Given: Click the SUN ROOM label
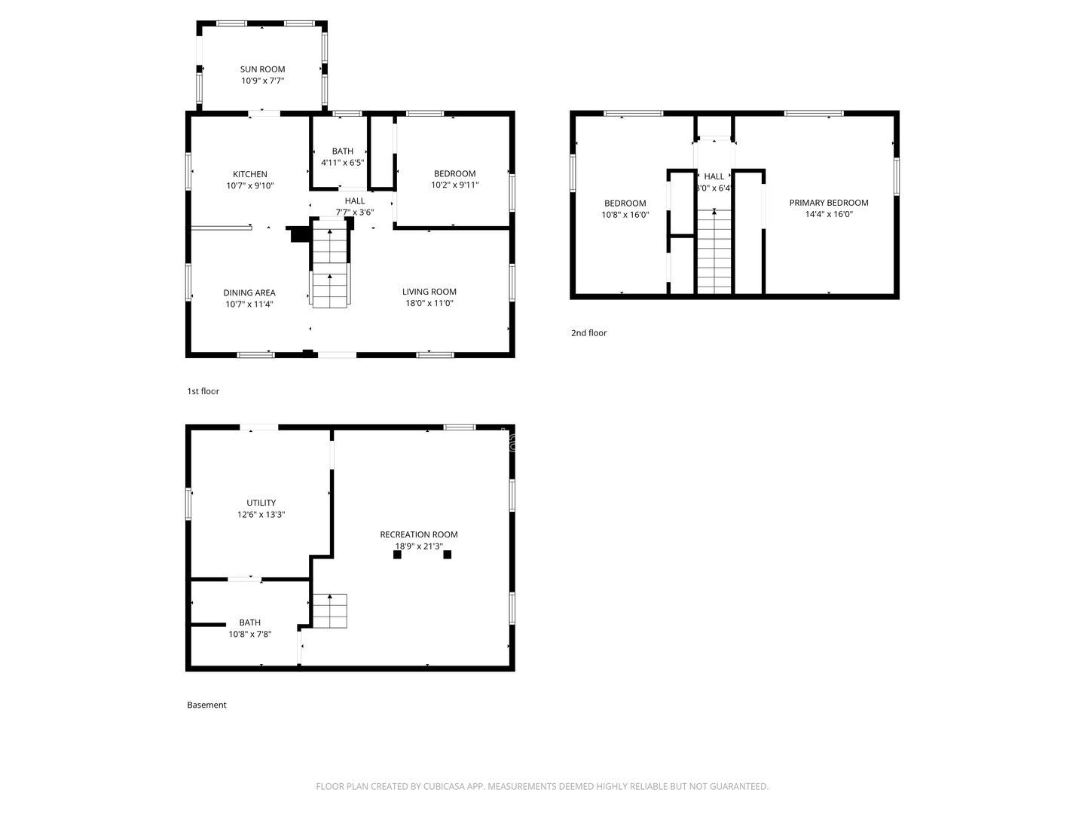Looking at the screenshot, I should (262, 69).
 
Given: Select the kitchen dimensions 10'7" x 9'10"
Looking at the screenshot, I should (249, 185).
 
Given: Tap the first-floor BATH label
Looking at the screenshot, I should (342, 151).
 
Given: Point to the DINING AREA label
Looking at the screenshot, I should (249, 293).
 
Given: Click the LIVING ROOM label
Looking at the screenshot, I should (429, 292).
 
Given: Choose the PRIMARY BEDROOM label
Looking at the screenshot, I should (828, 203).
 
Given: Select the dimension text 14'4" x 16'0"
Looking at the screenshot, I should (828, 214).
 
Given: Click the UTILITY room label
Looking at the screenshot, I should (261, 503).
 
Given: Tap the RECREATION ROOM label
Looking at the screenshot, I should (418, 534).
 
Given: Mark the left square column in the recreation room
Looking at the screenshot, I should (397, 555).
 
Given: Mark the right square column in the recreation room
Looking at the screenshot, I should (447, 555).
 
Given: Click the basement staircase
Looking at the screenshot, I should (330, 611).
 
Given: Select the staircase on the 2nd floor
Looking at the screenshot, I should (714, 252).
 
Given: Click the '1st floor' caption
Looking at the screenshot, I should (203, 391).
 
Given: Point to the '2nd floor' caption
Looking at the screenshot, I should (588, 333).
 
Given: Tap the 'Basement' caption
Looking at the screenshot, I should (206, 705).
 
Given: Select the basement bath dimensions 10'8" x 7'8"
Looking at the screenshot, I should (249, 634).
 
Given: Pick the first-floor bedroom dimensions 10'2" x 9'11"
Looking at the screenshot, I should (454, 185).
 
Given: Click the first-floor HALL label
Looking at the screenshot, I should (354, 201).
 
